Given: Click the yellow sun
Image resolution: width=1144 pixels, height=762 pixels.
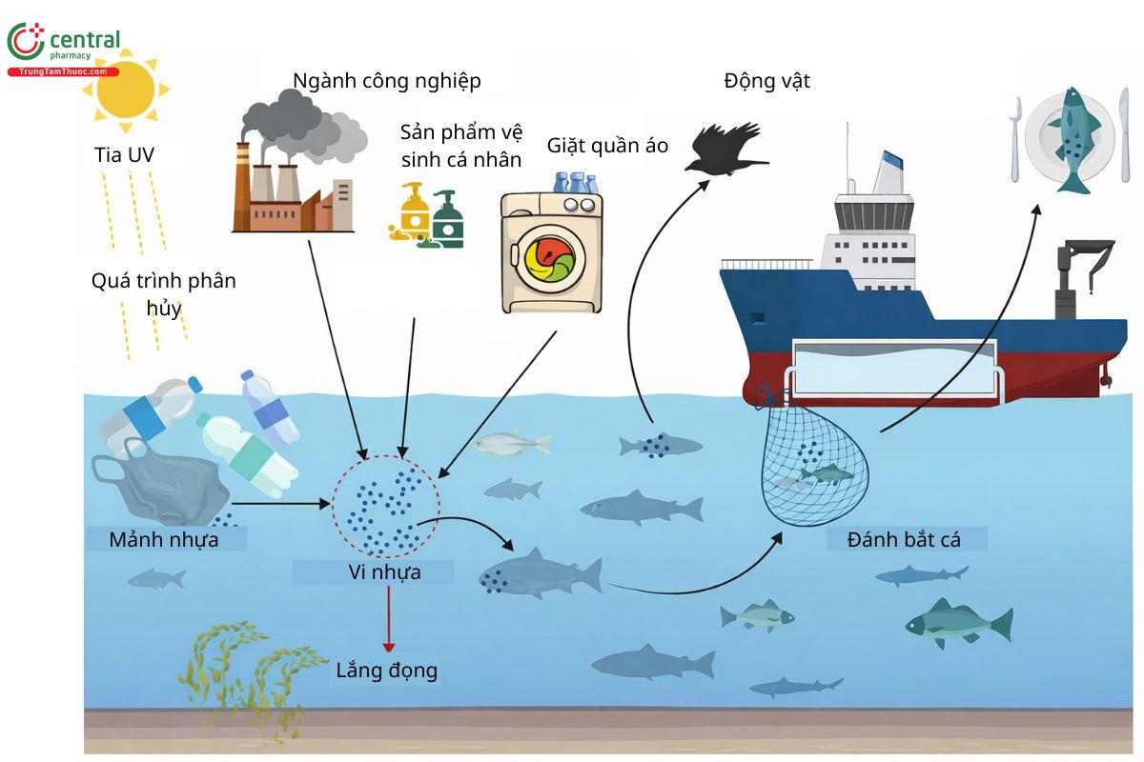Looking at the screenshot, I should click(124, 90).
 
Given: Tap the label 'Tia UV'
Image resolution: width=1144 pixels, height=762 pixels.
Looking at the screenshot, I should click(122, 155).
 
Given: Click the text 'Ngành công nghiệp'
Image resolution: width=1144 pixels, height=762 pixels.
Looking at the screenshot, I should click(387, 81).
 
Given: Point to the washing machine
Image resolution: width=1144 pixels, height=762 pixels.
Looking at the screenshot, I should click(554, 252).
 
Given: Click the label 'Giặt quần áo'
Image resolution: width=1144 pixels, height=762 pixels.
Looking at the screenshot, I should click(607, 146).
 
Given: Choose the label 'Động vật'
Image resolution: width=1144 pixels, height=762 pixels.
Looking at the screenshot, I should click(766, 81).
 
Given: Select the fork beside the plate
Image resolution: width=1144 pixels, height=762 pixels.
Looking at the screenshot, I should click(1017, 139).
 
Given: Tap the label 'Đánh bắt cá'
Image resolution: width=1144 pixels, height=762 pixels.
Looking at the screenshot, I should click(904, 540).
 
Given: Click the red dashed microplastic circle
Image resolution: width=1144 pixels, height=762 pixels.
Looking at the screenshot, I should click(386, 505).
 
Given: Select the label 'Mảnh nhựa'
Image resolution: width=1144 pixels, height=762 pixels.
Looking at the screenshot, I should click(164, 540).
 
